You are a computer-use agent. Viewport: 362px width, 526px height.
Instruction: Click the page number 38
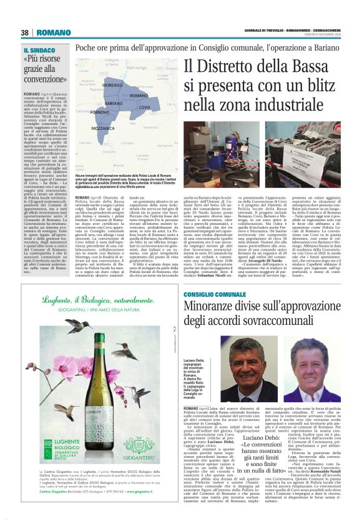[x=25, y=32]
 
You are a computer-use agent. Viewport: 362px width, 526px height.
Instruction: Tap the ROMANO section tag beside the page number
[x=54, y=32]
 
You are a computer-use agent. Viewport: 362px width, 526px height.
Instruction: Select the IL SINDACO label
[x=40, y=49]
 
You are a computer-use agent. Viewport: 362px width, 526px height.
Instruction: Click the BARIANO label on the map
[x=114, y=102]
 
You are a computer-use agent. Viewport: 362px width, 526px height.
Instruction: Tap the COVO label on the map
[x=144, y=107]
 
